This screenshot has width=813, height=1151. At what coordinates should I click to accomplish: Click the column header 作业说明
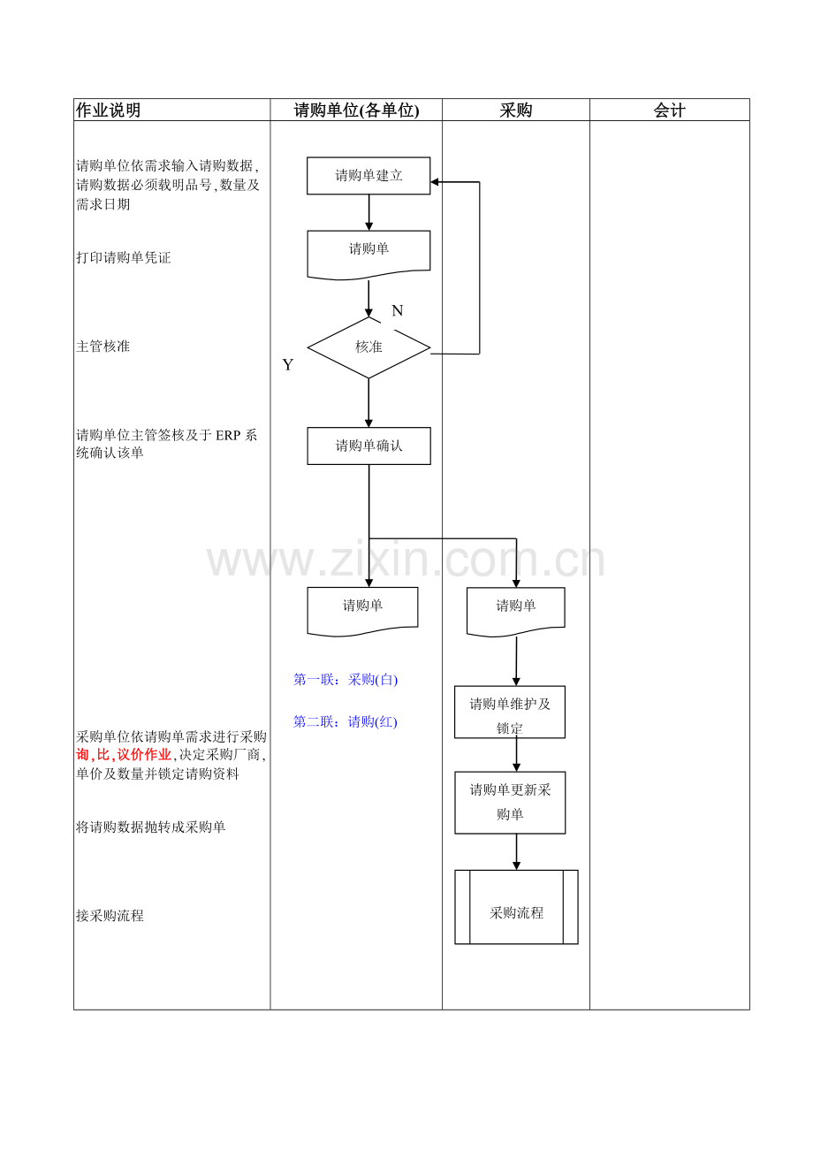click(108, 110)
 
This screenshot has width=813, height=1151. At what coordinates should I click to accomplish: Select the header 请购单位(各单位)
click(356, 110)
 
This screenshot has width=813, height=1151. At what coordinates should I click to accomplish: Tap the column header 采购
click(515, 110)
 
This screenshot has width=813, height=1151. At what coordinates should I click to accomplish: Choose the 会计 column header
click(669, 110)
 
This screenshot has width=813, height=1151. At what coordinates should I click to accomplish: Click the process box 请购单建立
click(369, 176)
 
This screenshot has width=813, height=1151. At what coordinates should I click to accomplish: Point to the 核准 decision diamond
click(369, 347)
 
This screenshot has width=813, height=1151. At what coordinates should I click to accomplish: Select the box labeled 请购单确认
click(369, 446)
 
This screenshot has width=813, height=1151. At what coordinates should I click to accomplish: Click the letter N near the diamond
click(397, 310)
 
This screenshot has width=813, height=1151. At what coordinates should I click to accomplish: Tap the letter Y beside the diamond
click(287, 365)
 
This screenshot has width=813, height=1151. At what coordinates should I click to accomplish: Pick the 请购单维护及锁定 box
click(510, 713)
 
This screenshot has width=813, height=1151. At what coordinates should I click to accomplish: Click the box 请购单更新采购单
click(510, 803)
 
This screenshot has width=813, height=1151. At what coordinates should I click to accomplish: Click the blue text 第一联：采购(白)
click(346, 680)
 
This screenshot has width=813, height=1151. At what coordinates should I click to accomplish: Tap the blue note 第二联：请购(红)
click(346, 722)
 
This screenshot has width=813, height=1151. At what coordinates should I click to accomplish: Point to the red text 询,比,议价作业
click(123, 755)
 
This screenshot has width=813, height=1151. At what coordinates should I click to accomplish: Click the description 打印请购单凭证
click(123, 257)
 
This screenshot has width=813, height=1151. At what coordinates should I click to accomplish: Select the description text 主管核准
click(103, 347)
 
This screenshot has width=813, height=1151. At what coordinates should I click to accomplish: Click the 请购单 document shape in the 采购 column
click(515, 612)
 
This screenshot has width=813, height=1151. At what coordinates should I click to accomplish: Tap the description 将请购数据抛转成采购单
click(150, 827)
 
